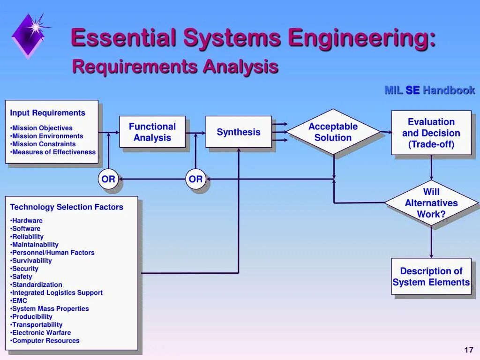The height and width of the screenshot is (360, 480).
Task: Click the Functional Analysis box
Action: click(152, 132)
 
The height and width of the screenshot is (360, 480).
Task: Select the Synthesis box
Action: click(239, 132)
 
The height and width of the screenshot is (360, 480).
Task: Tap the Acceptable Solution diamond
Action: click(333, 132)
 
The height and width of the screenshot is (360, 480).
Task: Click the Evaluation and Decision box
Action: click(431, 133)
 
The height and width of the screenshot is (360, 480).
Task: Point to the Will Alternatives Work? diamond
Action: click(431, 203)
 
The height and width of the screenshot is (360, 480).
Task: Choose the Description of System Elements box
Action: click(431, 277)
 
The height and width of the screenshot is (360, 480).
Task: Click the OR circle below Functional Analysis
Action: click(108, 179)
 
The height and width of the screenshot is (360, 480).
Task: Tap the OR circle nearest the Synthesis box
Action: click(195, 179)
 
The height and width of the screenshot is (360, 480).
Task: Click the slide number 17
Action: click(469, 350)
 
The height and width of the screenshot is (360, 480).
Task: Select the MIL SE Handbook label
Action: click(429, 90)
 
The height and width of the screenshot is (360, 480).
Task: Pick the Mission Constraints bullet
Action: click(44, 144)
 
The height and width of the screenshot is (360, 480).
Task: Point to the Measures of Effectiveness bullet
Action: click(53, 152)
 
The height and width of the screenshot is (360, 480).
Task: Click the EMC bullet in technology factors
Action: click(20, 300)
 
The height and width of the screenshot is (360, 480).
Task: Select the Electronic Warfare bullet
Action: click(41, 332)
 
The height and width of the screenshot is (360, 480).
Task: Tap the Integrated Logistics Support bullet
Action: click(57, 292)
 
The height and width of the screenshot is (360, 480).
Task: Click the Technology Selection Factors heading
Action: click(67, 207)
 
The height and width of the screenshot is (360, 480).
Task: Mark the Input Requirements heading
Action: click(48, 113)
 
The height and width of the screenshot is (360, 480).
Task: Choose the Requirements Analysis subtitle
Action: click(175, 67)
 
